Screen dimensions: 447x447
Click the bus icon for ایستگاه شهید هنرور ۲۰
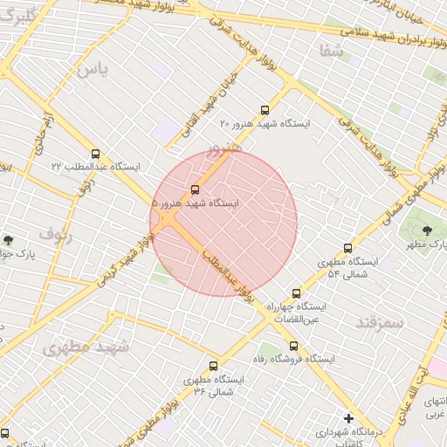click(265, 110)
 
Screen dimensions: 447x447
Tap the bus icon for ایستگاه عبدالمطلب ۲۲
click(95, 155)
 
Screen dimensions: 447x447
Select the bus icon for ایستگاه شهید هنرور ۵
click(195, 189)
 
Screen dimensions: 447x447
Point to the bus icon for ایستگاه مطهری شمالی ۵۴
click(348, 249)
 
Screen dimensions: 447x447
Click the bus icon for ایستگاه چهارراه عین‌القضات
click(296, 293)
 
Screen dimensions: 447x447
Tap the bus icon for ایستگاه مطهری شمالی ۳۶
click(213, 366)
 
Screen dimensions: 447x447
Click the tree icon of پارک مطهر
click(427, 230)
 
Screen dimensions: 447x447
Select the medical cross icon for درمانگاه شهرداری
click(348, 419)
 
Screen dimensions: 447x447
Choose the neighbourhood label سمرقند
click(381, 321)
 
